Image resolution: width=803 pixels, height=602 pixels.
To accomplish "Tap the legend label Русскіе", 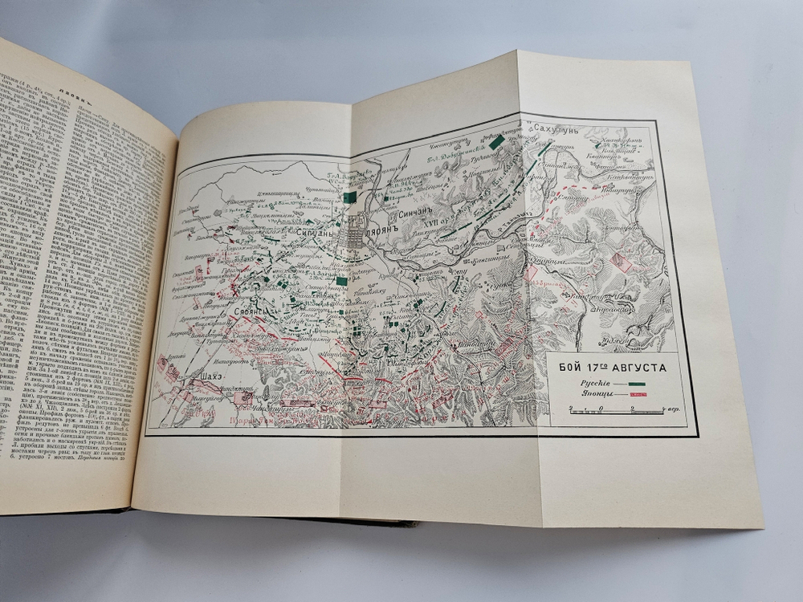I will (591, 384).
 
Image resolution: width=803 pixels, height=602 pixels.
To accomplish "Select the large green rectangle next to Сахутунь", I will (497, 141).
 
